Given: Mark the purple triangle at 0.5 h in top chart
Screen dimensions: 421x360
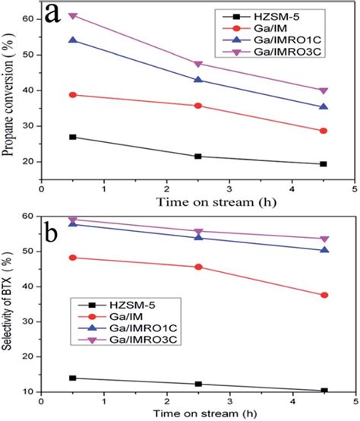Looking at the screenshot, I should (73, 16).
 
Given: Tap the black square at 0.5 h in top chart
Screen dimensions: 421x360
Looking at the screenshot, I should (73, 137).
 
